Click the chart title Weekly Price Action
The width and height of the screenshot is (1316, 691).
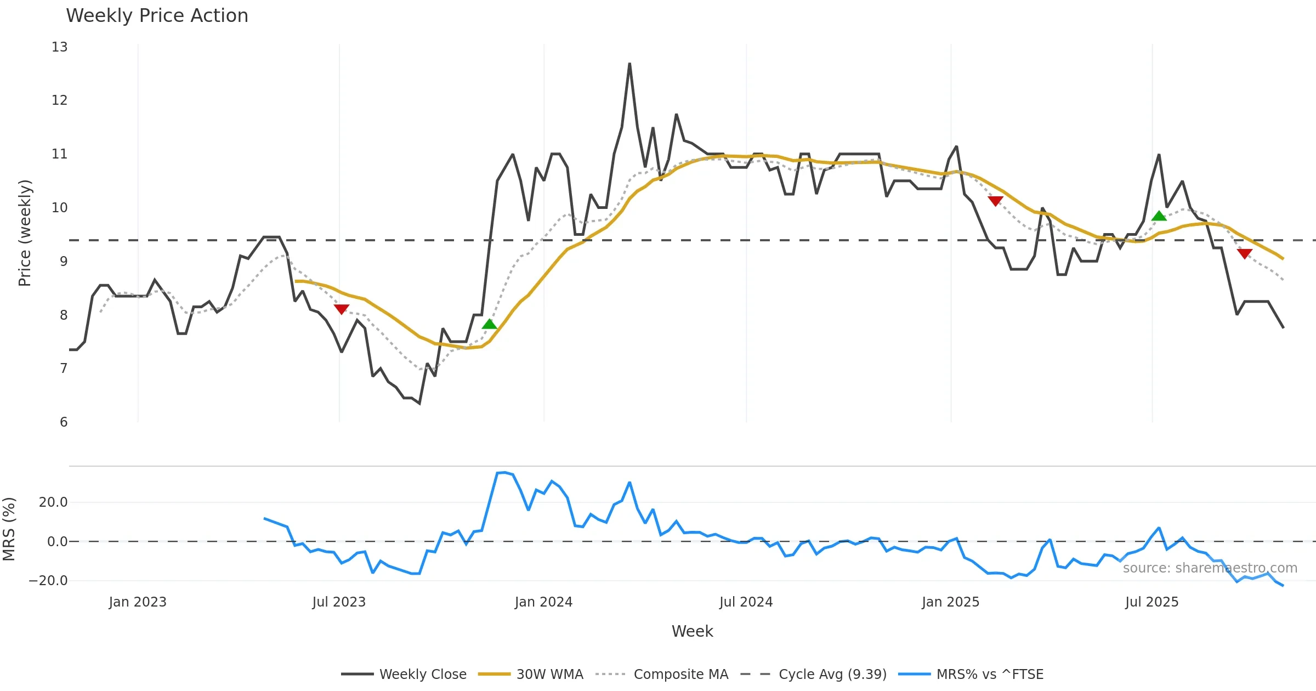coord(157,16)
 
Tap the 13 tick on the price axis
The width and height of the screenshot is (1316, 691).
coord(60,47)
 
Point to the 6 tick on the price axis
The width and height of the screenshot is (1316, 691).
coord(64,422)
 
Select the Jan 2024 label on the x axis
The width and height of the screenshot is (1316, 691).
coord(543,602)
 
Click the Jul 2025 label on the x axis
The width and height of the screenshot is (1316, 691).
coord(1151,602)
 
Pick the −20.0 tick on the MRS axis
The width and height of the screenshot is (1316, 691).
coord(48,581)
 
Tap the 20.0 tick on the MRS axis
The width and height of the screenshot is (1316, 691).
coord(53,502)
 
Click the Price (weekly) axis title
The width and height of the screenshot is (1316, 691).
coord(25,233)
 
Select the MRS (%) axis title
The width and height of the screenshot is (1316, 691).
coord(9,529)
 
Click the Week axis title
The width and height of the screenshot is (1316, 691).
coord(692,632)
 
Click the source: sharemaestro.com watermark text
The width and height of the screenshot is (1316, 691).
coord(1210,568)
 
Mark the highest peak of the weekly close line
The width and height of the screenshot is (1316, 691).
coord(629,64)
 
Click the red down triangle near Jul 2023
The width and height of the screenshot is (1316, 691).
coord(341,309)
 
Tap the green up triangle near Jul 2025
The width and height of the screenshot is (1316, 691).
coord(1159,216)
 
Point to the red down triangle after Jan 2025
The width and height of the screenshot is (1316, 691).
coord(995,201)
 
